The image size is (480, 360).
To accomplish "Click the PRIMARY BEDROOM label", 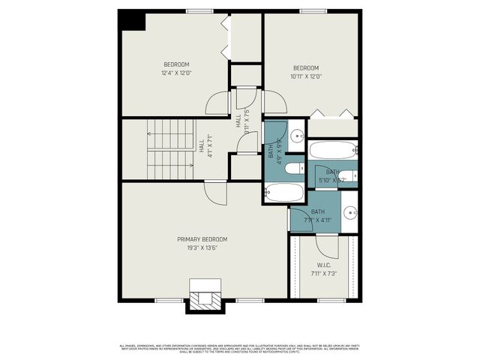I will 202,239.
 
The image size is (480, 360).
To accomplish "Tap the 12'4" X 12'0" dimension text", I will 176,73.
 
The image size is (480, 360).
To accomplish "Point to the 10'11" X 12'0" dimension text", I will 305,76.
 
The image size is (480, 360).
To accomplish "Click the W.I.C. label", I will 324,265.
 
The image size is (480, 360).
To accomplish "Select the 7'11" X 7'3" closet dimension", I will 324,273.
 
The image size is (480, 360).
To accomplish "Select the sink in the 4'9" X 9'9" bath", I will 297,136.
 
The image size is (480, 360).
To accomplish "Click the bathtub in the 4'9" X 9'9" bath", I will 284,193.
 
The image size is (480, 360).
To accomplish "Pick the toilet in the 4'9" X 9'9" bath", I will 294,168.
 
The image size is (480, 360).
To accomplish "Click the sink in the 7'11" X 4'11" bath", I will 350,211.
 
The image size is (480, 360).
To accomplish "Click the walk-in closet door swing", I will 328,246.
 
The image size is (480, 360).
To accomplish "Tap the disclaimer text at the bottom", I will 240,349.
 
